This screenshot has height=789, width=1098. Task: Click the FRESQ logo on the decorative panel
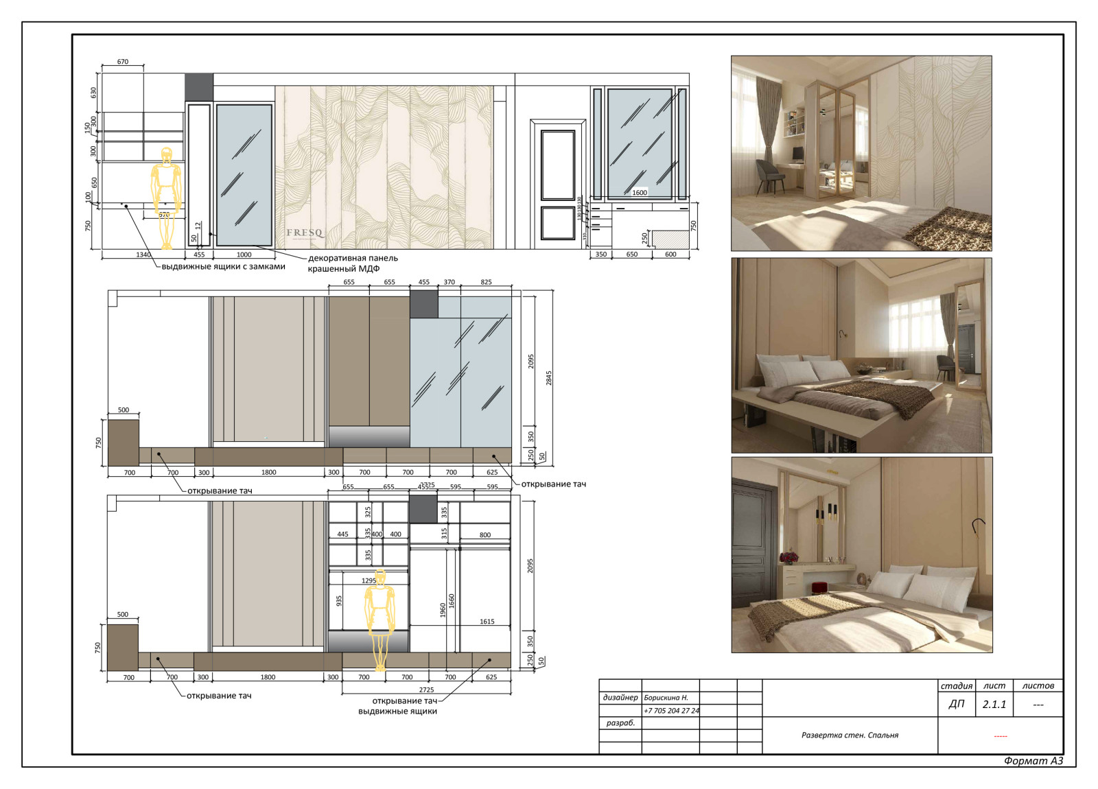pyautogui.click(x=305, y=233)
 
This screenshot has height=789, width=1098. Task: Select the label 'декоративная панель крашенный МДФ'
pyautogui.click(x=352, y=263)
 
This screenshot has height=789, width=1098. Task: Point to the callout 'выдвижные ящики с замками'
pyautogui.click(x=223, y=266)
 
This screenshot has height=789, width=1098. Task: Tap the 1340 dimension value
pyautogui.click(x=143, y=255)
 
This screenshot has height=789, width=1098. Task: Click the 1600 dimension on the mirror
pyautogui.click(x=639, y=193)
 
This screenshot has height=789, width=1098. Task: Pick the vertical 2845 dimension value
pyautogui.click(x=548, y=378)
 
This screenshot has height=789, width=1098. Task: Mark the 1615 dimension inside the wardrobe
pyautogui.click(x=487, y=622)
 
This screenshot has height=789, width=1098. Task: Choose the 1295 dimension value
pyautogui.click(x=369, y=580)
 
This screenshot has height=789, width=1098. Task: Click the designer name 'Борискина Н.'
pyautogui.click(x=666, y=698)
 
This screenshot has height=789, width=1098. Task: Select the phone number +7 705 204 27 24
pyautogui.click(x=671, y=711)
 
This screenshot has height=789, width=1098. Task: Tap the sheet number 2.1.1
pyautogui.click(x=994, y=704)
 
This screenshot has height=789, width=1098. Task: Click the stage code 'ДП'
pyautogui.click(x=956, y=704)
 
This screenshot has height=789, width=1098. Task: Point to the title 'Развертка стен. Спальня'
pyautogui.click(x=850, y=735)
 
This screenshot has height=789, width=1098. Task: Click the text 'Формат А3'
pyautogui.click(x=1033, y=761)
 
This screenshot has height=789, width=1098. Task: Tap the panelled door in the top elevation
pyautogui.click(x=557, y=183)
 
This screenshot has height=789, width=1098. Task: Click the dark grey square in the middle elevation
pyautogui.click(x=423, y=304)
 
